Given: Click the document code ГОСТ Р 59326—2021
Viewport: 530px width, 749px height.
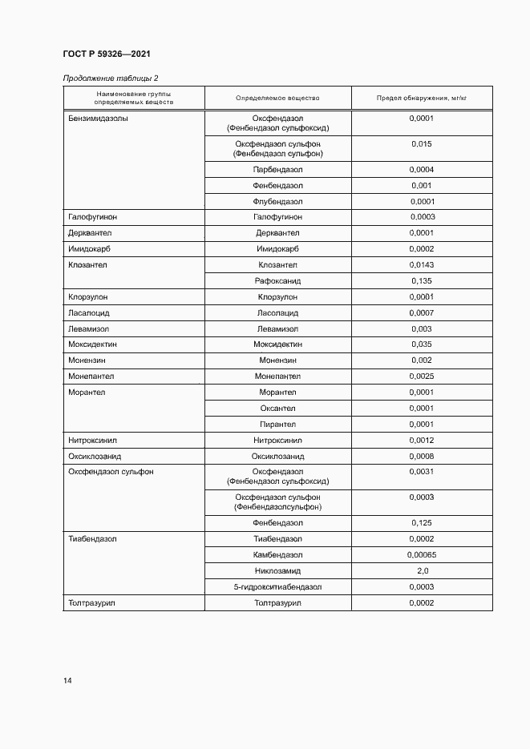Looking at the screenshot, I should coord(107,54).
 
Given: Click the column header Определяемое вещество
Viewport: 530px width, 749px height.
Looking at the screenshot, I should coord(277,98).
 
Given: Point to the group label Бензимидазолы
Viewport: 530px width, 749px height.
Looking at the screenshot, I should coord(99,119).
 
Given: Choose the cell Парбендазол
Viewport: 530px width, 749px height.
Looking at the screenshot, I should coord(277,170).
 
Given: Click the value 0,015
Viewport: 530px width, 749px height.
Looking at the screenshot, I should coord(422,144).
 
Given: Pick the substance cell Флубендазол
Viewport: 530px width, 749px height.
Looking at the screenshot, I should coord(277,202).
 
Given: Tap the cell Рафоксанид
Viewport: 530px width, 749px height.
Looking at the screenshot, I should coord(277,281).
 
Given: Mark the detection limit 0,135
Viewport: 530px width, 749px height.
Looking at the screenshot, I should coord(422,281).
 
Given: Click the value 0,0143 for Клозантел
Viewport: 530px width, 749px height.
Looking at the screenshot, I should coord(422,265).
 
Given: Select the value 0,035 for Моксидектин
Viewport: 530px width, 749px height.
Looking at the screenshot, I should coord(422,344).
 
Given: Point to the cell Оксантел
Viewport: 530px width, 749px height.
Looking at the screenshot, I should coord(277,409).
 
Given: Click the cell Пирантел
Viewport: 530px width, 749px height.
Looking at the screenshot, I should coord(277,425).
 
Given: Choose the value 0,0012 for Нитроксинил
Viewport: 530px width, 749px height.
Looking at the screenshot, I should coord(422,441).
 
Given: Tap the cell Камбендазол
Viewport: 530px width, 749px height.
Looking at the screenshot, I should coord(277,555).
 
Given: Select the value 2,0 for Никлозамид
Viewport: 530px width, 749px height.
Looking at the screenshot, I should coord(422,571).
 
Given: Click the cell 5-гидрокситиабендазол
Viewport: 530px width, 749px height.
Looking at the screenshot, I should coord(277,587).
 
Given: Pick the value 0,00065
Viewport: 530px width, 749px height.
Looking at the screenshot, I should coord(422,555).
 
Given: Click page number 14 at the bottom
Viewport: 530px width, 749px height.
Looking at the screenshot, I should coord(67,681).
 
